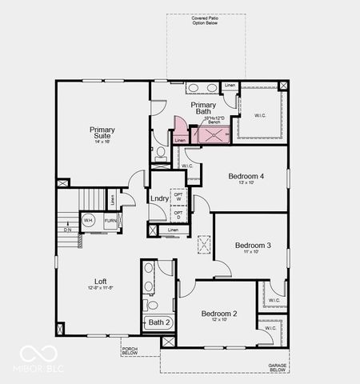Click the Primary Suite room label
102,133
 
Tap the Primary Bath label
205,109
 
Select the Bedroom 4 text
246,176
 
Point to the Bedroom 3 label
253,245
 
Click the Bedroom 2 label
218,314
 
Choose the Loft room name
100,281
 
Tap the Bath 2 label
158,322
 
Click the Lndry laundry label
158,198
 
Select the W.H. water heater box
88,219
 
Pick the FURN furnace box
109,219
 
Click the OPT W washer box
178,196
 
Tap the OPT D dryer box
178,214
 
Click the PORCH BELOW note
130,351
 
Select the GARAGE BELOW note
278,367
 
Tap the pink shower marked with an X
214,134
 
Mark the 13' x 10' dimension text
246,183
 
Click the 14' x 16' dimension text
102,141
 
